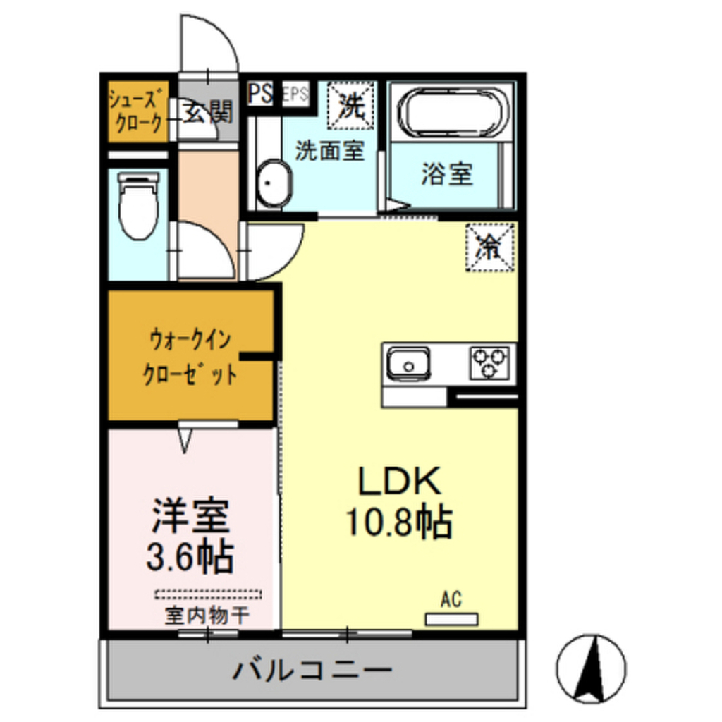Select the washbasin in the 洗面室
272,184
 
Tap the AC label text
451,600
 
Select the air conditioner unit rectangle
451,619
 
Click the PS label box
259,94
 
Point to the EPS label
295,95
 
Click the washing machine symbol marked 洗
350,106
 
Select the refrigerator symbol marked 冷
489,247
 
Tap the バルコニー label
312,668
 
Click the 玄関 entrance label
208,112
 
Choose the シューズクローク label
138,111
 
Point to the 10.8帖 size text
398,522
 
